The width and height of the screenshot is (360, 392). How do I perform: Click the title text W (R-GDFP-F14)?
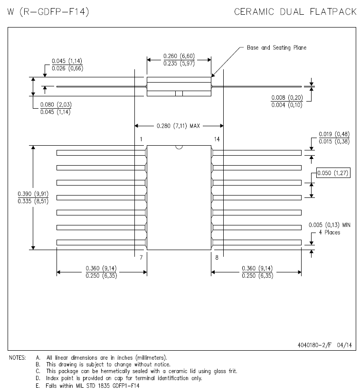coord(48,12)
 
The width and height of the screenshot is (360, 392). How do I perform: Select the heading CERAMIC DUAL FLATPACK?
coord(295,12)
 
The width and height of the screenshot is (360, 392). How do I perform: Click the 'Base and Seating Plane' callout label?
coord(276,47)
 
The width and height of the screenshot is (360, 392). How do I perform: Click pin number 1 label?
coord(141,139)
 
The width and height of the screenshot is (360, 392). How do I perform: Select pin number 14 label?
coord(217,139)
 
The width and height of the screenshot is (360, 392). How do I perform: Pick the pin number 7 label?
coord(141,258)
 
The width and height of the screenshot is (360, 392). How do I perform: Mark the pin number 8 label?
coord(217,258)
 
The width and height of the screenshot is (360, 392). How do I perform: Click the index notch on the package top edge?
coord(179,147)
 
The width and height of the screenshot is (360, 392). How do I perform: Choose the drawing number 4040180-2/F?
coord(314,345)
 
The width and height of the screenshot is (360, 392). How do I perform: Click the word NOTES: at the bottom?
coord(17,358)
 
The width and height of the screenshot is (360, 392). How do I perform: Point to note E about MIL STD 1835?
coord(87,386)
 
